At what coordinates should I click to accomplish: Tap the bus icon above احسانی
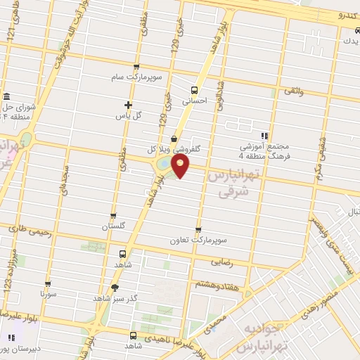click(x=194, y=89)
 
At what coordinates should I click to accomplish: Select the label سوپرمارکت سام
click(x=139, y=75)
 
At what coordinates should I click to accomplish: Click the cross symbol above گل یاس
click(x=128, y=105)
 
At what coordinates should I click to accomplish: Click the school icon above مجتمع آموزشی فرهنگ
click(x=264, y=136)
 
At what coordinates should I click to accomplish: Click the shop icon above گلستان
click(x=113, y=216)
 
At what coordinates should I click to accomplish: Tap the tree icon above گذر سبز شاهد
click(x=115, y=287)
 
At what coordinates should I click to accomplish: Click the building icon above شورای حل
click(x=6, y=96)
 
